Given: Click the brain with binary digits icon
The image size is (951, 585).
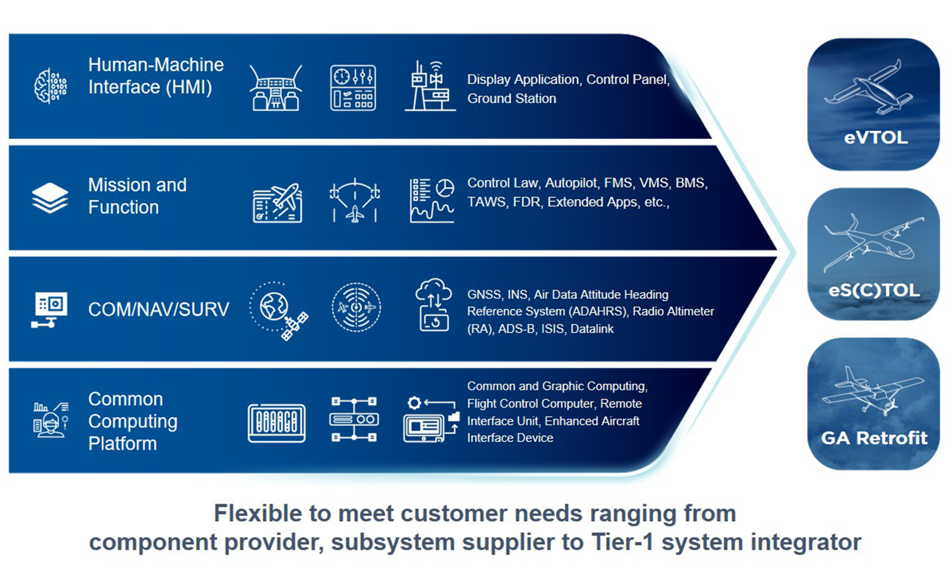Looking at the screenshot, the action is point(50,86).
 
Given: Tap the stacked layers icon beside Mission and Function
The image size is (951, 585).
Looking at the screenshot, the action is point(50,198).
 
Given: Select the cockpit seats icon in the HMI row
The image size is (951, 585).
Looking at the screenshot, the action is point(276,88).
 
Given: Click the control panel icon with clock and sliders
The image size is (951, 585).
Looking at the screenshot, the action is point(353,88).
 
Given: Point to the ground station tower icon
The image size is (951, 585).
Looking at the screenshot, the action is point(430,86).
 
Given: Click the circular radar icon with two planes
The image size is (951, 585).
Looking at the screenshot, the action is point(356,307).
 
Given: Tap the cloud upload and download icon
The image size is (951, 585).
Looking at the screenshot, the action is point(433,305).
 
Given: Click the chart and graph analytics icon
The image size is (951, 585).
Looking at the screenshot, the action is point(432,200).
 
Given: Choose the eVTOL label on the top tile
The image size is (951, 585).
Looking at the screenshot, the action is point(876,137).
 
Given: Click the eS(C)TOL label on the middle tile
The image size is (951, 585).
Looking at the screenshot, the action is point(874,290).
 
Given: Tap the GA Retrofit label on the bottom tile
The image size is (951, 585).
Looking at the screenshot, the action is point(874,438).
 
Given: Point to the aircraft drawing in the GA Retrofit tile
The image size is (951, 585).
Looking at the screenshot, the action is point(873,391).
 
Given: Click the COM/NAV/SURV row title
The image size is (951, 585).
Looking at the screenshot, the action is point(158,309).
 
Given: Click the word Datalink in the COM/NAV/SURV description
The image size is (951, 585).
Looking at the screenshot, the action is point(592,329).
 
